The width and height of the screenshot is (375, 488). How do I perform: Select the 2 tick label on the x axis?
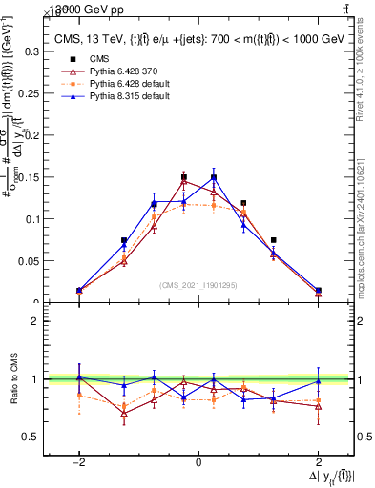pos(318,462)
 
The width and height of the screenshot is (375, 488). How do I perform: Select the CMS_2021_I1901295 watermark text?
pos(198,285)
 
